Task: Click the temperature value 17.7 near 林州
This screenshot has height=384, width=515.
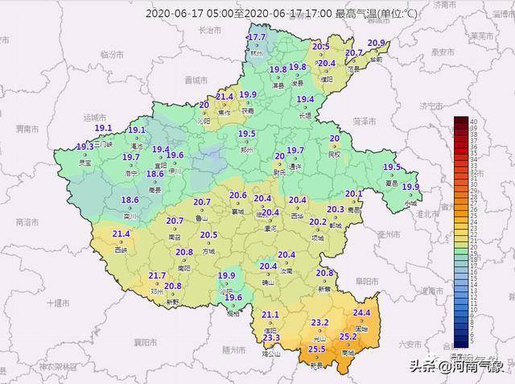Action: pyautogui.click(x=257, y=38)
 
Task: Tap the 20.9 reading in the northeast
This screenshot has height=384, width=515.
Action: pyautogui.click(x=377, y=43)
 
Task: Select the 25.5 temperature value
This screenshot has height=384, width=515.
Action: pyautogui.click(x=317, y=349)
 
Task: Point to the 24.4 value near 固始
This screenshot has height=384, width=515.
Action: pyautogui.click(x=361, y=313)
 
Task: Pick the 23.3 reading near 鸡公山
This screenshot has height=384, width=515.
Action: pyautogui.click(x=271, y=338)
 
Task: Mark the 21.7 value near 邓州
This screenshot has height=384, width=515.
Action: pyautogui.click(x=157, y=276)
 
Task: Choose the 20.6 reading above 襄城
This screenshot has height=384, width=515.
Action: pyautogui.click(x=237, y=195)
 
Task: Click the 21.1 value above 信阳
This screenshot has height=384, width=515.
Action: pyautogui.click(x=270, y=315)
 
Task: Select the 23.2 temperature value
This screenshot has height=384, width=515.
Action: pyautogui.click(x=319, y=323)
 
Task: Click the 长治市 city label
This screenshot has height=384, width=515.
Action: pyautogui.click(x=208, y=29)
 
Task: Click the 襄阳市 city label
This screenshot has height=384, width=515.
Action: pyautogui.click(x=143, y=341)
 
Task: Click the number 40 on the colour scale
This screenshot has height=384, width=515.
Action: pyautogui.click(x=475, y=121)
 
